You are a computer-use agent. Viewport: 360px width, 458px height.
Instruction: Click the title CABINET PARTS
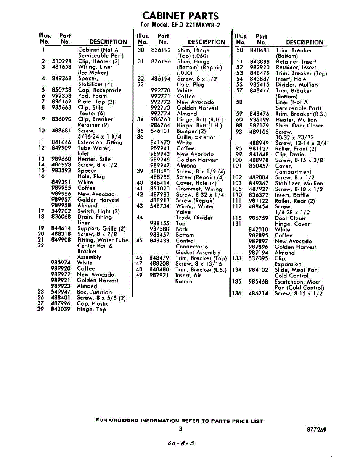coord(180,16)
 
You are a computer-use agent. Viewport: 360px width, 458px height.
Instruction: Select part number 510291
coord(61,61)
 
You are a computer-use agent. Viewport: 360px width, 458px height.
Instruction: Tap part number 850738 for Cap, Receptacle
coord(61,90)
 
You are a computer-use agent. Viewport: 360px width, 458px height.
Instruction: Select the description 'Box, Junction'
coord(95,292)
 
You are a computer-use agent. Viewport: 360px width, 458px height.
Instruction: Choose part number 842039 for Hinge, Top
coord(61,310)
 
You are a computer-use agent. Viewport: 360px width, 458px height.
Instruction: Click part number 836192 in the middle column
coord(161,50)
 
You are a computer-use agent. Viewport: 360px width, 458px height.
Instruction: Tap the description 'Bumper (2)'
coord(191,131)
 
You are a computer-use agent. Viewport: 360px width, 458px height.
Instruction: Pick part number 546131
coord(161,131)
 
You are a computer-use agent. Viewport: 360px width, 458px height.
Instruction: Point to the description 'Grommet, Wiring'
coord(199,189)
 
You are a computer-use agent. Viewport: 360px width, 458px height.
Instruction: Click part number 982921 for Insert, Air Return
coord(160,275)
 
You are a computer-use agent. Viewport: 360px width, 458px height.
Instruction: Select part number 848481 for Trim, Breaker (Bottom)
coord(260,50)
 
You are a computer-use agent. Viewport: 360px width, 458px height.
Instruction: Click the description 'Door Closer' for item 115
coord(290,218)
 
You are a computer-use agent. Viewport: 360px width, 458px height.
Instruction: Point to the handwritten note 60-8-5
coord(182,443)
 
